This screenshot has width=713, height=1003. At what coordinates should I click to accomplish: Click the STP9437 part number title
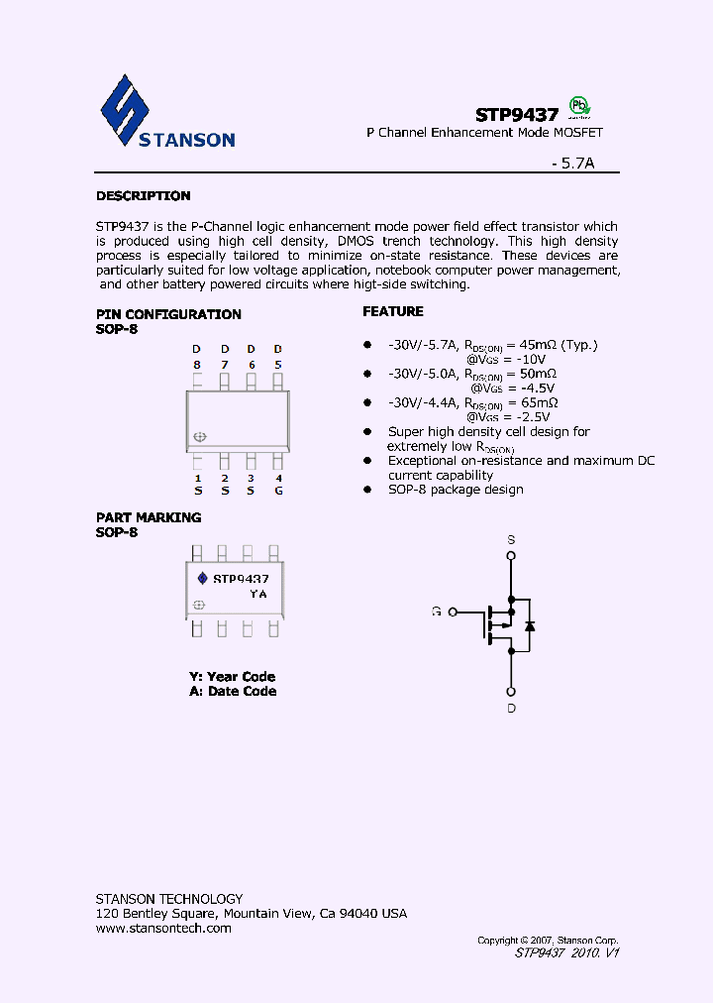pyautogui.click(x=517, y=115)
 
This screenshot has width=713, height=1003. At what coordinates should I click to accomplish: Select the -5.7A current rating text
pyautogui.click(x=572, y=166)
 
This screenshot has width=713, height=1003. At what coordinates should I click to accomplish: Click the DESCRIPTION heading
pyautogui.click(x=143, y=196)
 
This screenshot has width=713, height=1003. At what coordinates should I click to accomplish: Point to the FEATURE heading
pyautogui.click(x=392, y=311)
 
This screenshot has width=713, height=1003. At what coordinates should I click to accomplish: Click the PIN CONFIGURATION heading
pyautogui.click(x=168, y=314)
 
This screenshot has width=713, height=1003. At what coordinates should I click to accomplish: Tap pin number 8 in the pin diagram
pyautogui.click(x=196, y=365)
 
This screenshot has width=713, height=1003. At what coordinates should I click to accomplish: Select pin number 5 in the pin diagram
pyautogui.click(x=278, y=365)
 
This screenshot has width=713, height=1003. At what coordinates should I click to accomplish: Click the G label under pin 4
pyautogui.click(x=278, y=491)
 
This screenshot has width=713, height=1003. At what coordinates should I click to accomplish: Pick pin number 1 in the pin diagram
pyautogui.click(x=197, y=478)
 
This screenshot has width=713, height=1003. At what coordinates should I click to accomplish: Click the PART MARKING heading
pyautogui.click(x=149, y=517)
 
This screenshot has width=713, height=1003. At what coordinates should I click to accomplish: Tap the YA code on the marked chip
pyautogui.click(x=257, y=594)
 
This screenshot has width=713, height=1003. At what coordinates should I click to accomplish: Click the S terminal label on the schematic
pyautogui.click(x=511, y=540)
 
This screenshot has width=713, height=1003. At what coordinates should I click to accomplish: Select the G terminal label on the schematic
pyautogui.click(x=436, y=612)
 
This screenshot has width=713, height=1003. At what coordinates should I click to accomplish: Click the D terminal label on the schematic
pyautogui.click(x=511, y=709)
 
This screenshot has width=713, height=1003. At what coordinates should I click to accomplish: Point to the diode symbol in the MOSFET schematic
pyautogui.click(x=530, y=625)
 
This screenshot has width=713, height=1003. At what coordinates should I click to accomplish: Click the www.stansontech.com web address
pyautogui.click(x=163, y=929)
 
